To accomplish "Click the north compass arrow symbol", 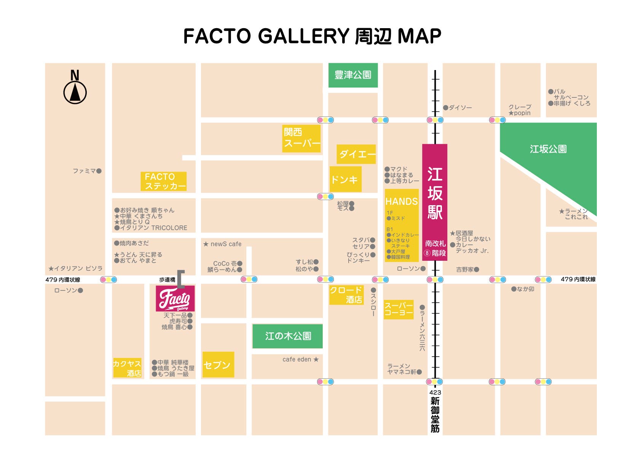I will [x=75, y=93].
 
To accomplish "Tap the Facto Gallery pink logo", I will [x=175, y=298].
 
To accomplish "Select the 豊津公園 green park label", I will [x=353, y=75].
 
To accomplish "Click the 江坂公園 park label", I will [x=548, y=149].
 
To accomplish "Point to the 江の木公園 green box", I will [x=288, y=336].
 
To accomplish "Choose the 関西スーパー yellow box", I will [x=301, y=138].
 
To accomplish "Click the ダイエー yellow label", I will [x=356, y=154].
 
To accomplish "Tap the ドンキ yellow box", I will [x=345, y=179].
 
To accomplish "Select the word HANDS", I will [x=401, y=201].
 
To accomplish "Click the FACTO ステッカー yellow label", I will [x=164, y=181].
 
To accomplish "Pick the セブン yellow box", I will [x=218, y=365].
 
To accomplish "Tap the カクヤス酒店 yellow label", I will [x=127, y=368].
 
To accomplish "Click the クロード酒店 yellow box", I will [x=346, y=295].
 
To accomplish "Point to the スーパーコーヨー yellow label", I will [x=398, y=309].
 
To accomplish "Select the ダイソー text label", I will [x=460, y=108].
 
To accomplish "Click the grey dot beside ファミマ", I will [x=99, y=171].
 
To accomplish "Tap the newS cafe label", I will [x=223, y=244].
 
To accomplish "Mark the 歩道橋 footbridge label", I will [x=167, y=280].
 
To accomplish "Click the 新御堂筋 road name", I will [x=435, y=415].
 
